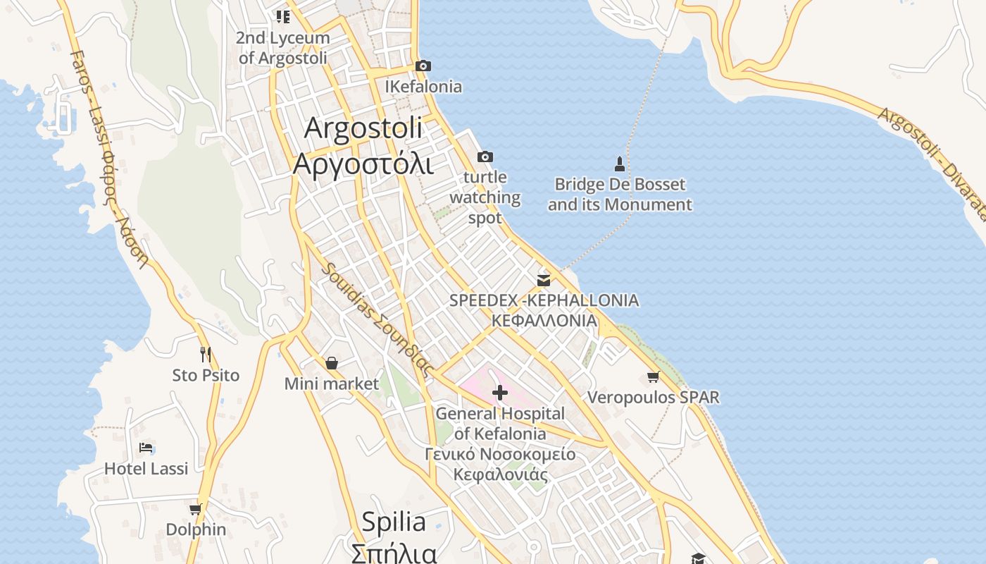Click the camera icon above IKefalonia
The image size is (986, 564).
423,66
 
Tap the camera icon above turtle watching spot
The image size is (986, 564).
485,157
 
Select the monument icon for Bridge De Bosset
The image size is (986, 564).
620,164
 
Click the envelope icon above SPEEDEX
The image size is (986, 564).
544,280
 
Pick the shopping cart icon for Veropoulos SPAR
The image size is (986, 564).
654,377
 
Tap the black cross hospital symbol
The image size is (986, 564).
500,392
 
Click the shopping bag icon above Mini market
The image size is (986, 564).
332,363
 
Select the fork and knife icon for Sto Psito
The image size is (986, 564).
206,354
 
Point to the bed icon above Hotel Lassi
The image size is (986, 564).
146,448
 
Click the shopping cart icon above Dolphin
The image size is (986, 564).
195,509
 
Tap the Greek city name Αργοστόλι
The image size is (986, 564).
363,164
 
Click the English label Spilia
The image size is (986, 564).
394,522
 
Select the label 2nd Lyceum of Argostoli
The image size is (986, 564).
283,47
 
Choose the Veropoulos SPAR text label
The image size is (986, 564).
654,398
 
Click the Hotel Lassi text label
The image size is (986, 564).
146,469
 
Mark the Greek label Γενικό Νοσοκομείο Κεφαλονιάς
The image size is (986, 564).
500,464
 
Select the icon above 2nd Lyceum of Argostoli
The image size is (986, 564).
282,16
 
